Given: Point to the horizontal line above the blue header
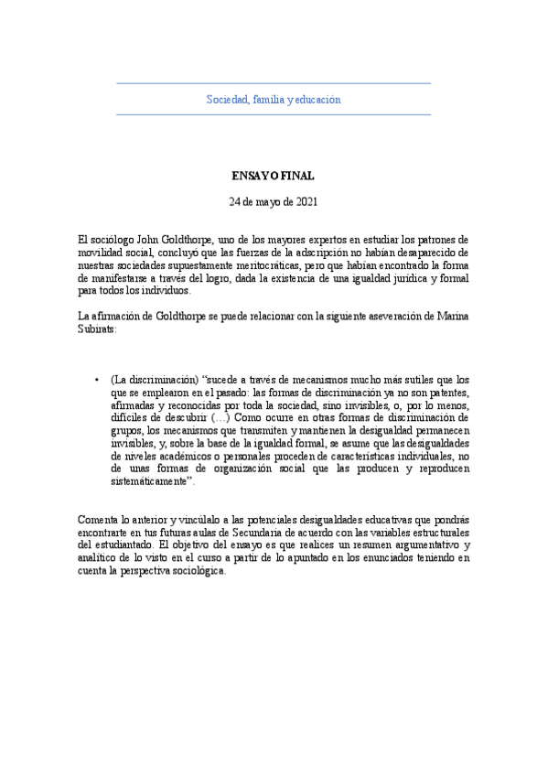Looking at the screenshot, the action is point(274,84).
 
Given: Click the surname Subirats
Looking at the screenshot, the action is point(98,329).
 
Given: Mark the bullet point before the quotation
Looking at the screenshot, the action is point(97,380).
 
